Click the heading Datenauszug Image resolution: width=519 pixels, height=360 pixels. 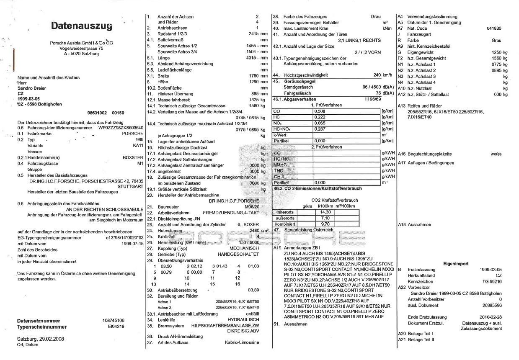point(82,26)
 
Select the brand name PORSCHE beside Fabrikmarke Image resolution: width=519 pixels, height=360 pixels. point(133,133)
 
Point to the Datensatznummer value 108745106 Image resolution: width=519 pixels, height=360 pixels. point(113,321)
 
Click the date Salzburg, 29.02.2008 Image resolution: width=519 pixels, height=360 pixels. point(41,339)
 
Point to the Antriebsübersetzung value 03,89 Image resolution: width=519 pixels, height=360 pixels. point(253,290)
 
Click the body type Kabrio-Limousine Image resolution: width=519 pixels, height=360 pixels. point(242,342)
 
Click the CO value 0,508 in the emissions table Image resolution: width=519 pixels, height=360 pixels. point(320,111)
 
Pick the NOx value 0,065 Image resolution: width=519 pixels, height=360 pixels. point(320,123)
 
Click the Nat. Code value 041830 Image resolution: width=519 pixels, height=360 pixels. point(494,28)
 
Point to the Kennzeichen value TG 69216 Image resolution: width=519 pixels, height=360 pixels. point(490,282)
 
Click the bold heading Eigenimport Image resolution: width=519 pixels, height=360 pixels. point(456,263)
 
